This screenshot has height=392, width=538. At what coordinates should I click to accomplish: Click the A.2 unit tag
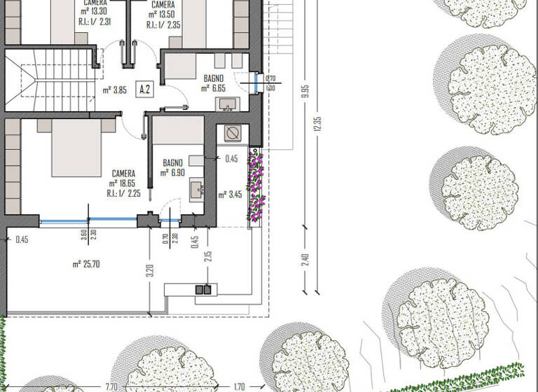145,89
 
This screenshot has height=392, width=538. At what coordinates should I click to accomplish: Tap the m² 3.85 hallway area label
113,90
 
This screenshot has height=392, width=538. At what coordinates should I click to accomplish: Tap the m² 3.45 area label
230,195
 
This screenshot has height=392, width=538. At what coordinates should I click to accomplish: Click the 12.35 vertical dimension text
318,124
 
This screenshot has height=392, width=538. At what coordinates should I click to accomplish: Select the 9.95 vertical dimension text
305,92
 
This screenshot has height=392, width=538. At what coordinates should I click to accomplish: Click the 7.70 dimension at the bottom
111,386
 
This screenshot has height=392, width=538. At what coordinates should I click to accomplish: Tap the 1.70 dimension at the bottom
238,386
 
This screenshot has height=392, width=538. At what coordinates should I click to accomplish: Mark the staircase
49,79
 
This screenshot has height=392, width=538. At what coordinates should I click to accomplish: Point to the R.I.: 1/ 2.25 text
124,194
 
